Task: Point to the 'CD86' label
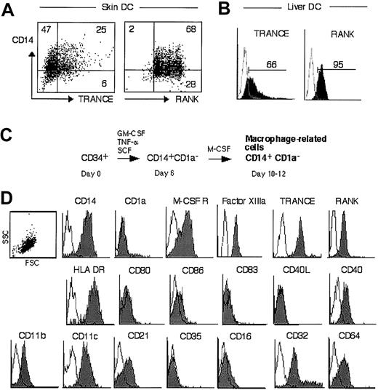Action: [189, 271]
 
